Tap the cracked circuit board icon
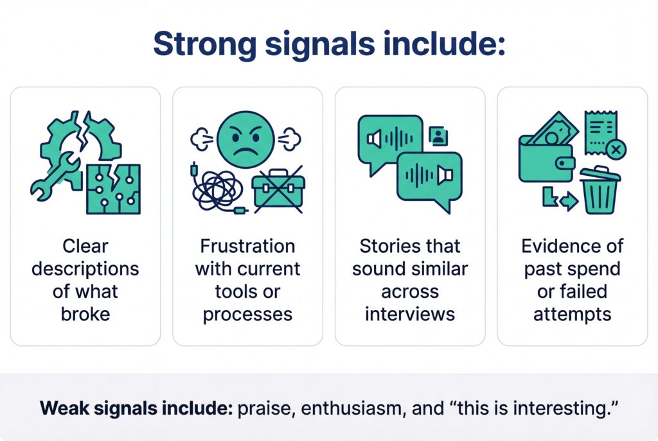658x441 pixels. tap(114, 188)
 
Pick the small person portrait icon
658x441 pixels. tap(439, 135)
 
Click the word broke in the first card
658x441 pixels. tap(85, 314)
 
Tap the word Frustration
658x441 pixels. tap(247, 246)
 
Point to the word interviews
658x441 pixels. tap(409, 314)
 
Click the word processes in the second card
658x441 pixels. tap(247, 314)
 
